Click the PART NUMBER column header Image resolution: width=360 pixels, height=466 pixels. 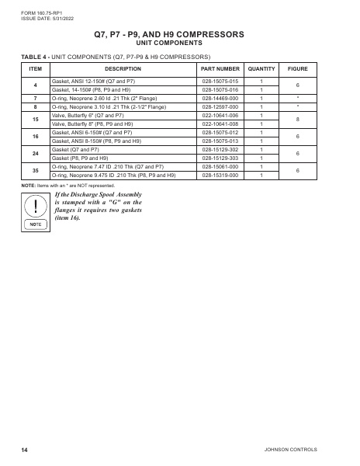click(220, 68)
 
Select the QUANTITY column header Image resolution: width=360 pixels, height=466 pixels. click(261, 68)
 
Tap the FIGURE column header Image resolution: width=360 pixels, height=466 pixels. click(298, 68)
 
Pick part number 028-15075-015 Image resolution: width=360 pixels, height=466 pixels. click(220, 81)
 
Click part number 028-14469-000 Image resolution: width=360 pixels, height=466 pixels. click(220, 98)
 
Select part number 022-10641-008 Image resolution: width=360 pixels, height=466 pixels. click(220, 123)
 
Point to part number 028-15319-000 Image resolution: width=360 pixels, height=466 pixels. click(220, 176)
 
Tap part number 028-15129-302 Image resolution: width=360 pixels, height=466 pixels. click(220, 150)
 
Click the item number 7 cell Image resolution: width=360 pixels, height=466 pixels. click(35, 98)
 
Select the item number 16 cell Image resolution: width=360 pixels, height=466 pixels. click(35, 137)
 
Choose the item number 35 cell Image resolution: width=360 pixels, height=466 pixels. click(35, 171)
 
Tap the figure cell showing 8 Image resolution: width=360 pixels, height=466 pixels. click(298, 120)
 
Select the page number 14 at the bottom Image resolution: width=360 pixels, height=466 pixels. click(25, 450)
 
